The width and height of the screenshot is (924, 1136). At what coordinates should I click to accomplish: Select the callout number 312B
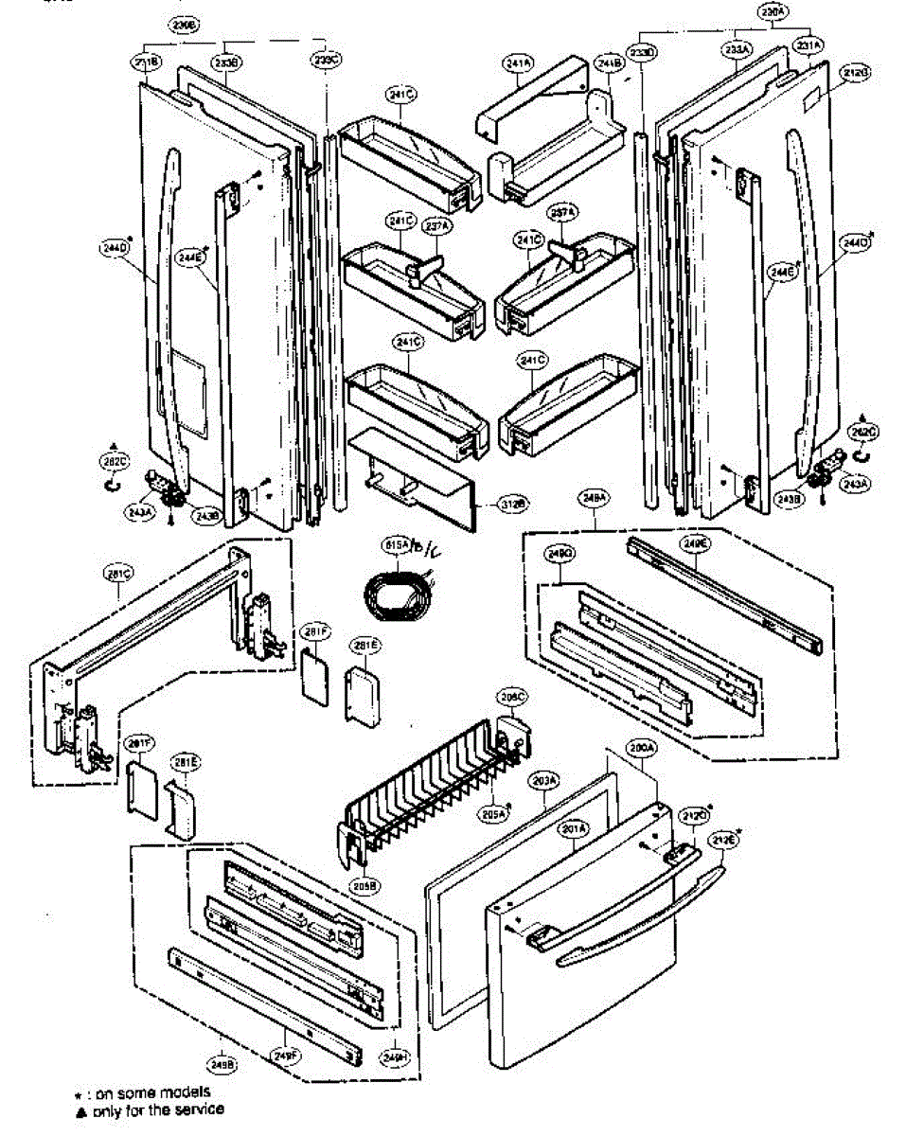515,505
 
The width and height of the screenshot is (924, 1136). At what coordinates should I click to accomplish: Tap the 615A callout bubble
394,545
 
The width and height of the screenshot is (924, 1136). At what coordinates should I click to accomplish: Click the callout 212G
855,71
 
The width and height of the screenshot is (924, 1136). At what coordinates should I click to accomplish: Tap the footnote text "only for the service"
156,1109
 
